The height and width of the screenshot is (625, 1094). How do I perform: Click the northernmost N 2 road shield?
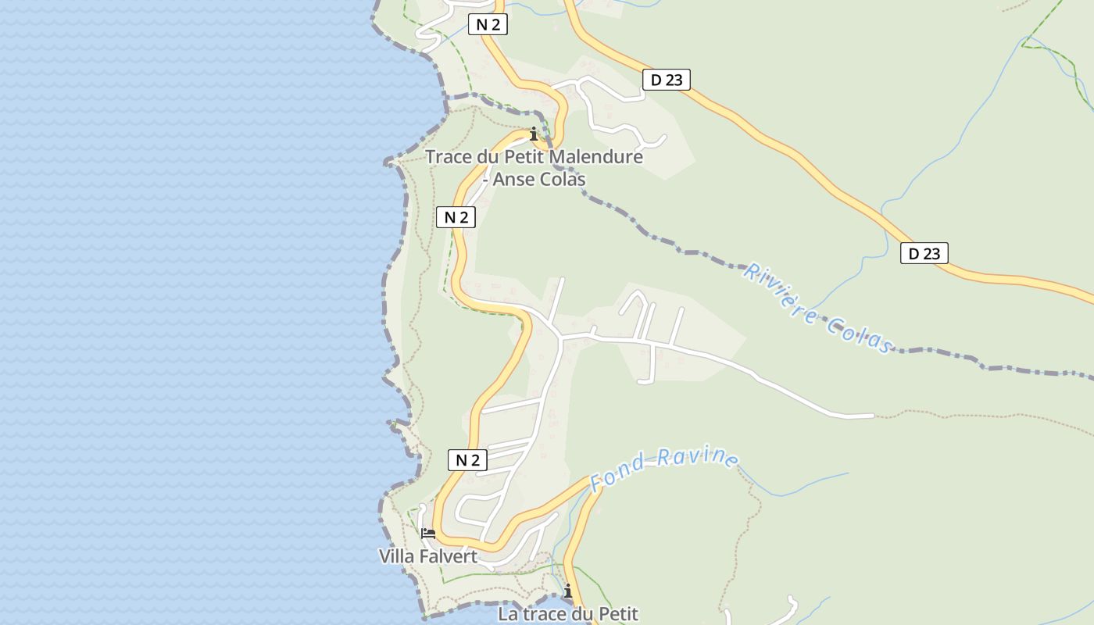pyautogui.click(x=488, y=24)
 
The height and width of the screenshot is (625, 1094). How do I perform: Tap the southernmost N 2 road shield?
pyautogui.click(x=467, y=460)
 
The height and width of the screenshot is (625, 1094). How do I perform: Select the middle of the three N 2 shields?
pyautogui.click(x=456, y=217)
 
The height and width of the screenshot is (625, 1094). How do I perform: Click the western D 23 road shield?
pyautogui.click(x=667, y=79)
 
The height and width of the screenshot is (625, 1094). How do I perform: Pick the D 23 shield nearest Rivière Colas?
pyautogui.click(x=924, y=253)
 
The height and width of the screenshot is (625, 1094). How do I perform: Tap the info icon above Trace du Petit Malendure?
pyautogui.click(x=534, y=134)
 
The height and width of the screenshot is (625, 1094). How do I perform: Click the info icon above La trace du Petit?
pyautogui.click(x=568, y=591)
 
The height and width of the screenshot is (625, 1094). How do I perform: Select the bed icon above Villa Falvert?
pyautogui.click(x=428, y=534)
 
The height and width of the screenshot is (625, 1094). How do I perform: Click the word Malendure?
pyautogui.click(x=596, y=157)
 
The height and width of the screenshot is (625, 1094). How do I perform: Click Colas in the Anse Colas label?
pyautogui.click(x=562, y=179)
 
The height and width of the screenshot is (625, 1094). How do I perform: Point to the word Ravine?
pyautogui.click(x=698, y=456)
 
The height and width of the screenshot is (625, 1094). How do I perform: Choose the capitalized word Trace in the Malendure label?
pyautogui.click(x=449, y=157)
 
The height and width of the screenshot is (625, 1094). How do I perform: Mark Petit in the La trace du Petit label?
pyautogui.click(x=617, y=614)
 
